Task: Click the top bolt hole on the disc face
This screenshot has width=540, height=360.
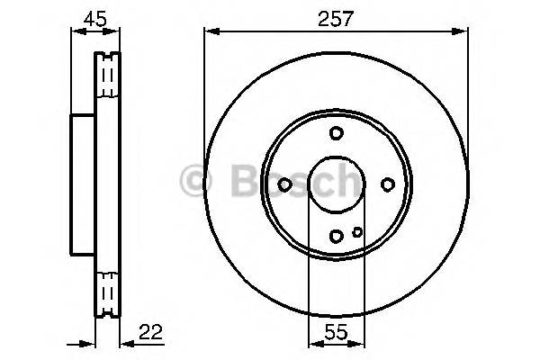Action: click(337, 133)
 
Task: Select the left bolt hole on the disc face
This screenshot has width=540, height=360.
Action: click(285, 184)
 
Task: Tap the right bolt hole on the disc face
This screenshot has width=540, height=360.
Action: click(388, 184)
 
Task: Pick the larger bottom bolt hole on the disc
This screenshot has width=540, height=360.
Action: click(337, 237)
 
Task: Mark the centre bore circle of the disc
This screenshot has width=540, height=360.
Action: click(337, 184)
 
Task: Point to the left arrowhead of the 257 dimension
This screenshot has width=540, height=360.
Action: click(210, 32)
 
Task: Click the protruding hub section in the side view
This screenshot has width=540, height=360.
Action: click(82, 184)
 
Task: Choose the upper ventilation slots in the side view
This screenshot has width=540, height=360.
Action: click(108, 76)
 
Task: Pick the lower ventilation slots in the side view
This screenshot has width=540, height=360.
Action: click(108, 292)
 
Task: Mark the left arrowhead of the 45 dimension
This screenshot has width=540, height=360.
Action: click(75, 32)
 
